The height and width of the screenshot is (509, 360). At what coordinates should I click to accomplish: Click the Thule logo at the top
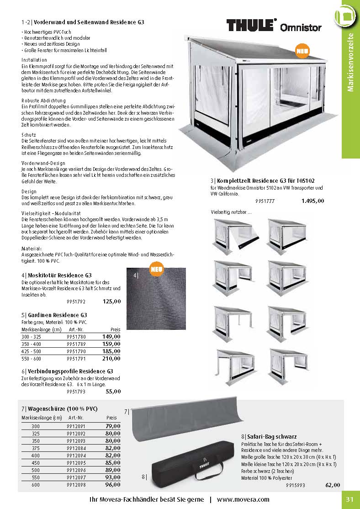[251, 25]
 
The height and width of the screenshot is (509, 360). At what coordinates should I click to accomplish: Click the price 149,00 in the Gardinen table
[111, 336]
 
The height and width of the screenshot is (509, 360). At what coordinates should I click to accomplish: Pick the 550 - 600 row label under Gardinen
[32, 359]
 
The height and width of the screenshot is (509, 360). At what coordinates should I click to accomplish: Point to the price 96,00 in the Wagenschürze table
[112, 484]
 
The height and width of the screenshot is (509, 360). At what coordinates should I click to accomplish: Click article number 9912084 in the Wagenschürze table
[76, 449]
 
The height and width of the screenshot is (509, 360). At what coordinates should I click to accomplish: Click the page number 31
[350, 499]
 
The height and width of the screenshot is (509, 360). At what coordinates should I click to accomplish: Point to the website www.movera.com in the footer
[243, 499]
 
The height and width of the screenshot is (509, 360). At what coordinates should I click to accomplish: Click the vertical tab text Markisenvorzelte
[350, 63]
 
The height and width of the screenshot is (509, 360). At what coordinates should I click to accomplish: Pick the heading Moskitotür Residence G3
[56, 275]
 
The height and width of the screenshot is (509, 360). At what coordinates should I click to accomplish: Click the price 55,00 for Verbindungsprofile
[113, 392]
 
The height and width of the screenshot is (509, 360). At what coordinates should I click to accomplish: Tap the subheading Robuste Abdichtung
[43, 100]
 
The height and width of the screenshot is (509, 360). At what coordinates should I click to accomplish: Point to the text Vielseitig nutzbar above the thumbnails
[231, 212]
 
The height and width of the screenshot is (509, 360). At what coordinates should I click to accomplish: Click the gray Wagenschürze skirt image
[183, 420]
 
